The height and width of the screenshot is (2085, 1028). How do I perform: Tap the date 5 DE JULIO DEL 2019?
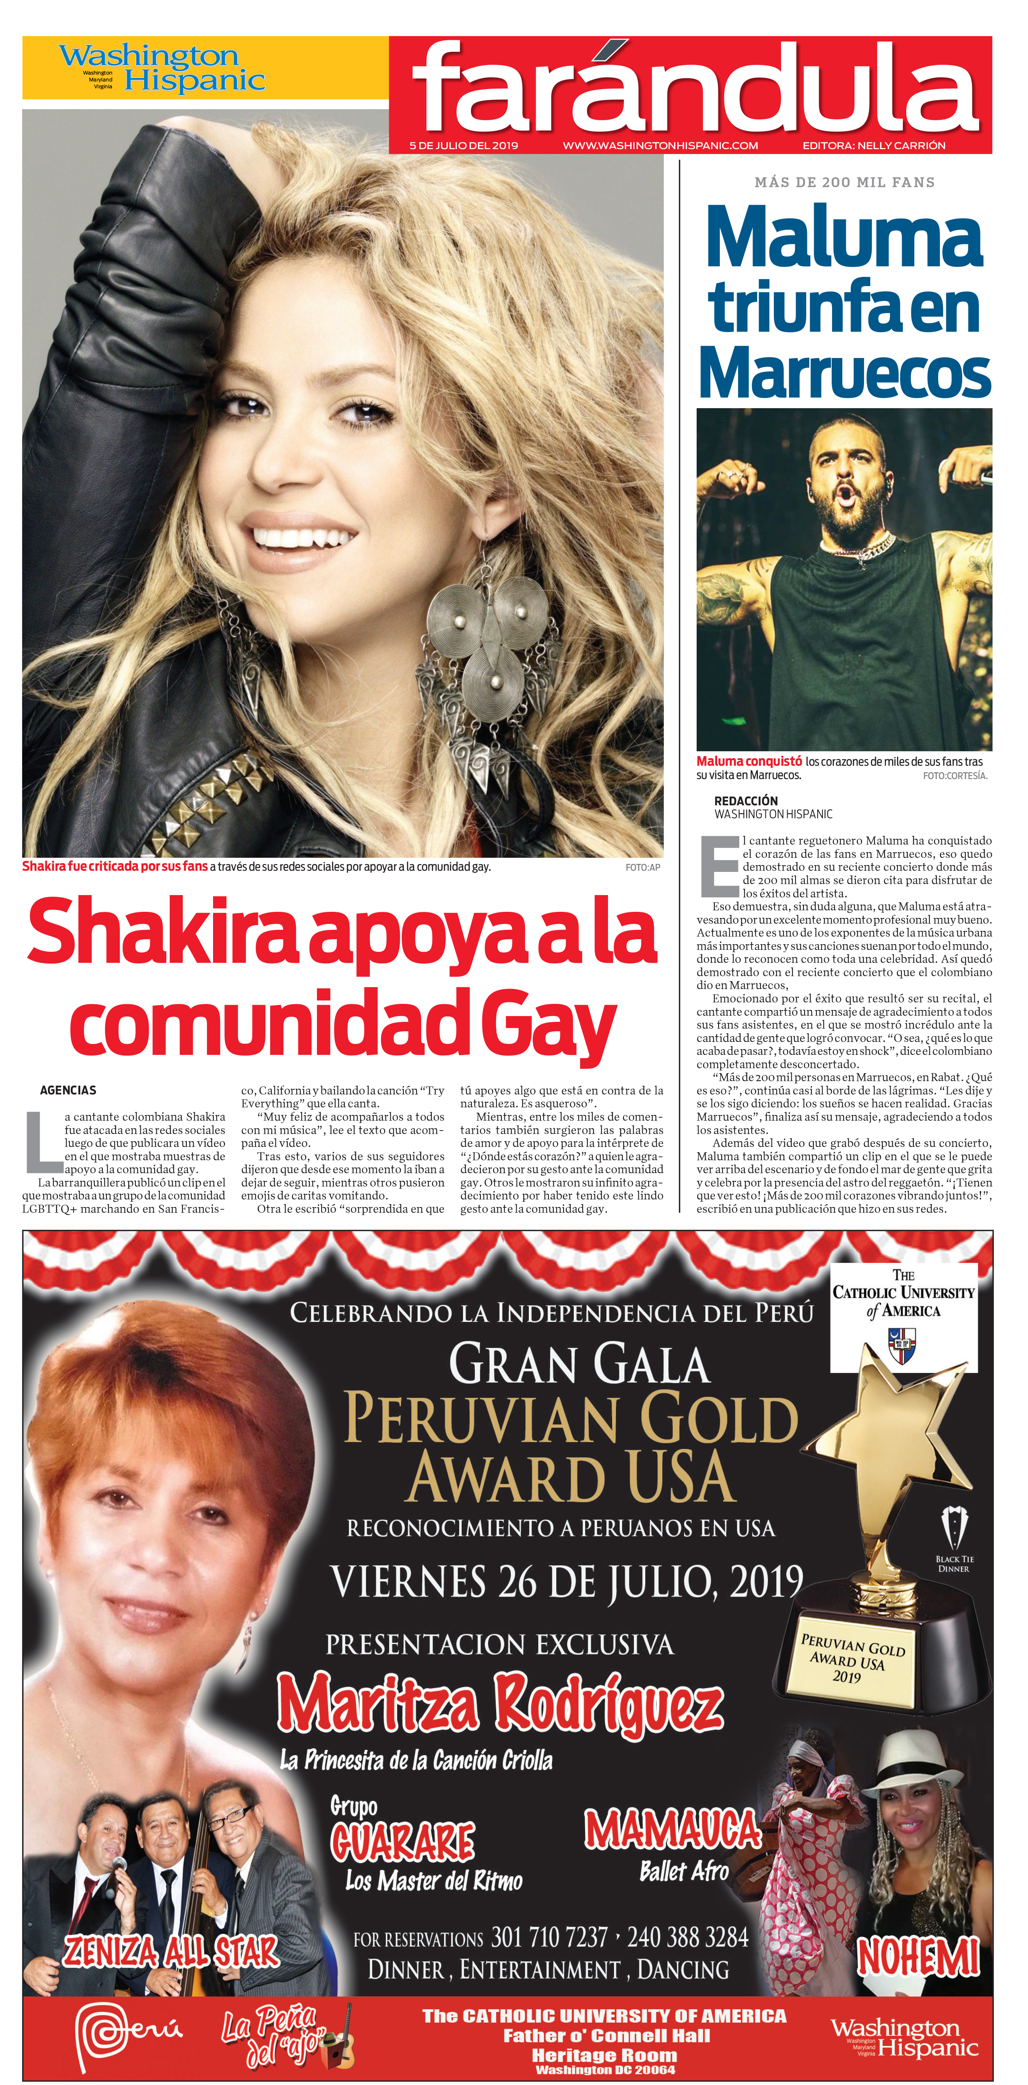pyautogui.click(x=464, y=146)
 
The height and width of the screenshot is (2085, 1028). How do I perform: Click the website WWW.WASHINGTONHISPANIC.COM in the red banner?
pyautogui.click(x=660, y=146)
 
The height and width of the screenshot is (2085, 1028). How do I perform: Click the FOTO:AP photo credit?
pyautogui.click(x=643, y=867)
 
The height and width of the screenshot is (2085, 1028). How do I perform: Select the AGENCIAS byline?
pyautogui.click(x=68, y=1090)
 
